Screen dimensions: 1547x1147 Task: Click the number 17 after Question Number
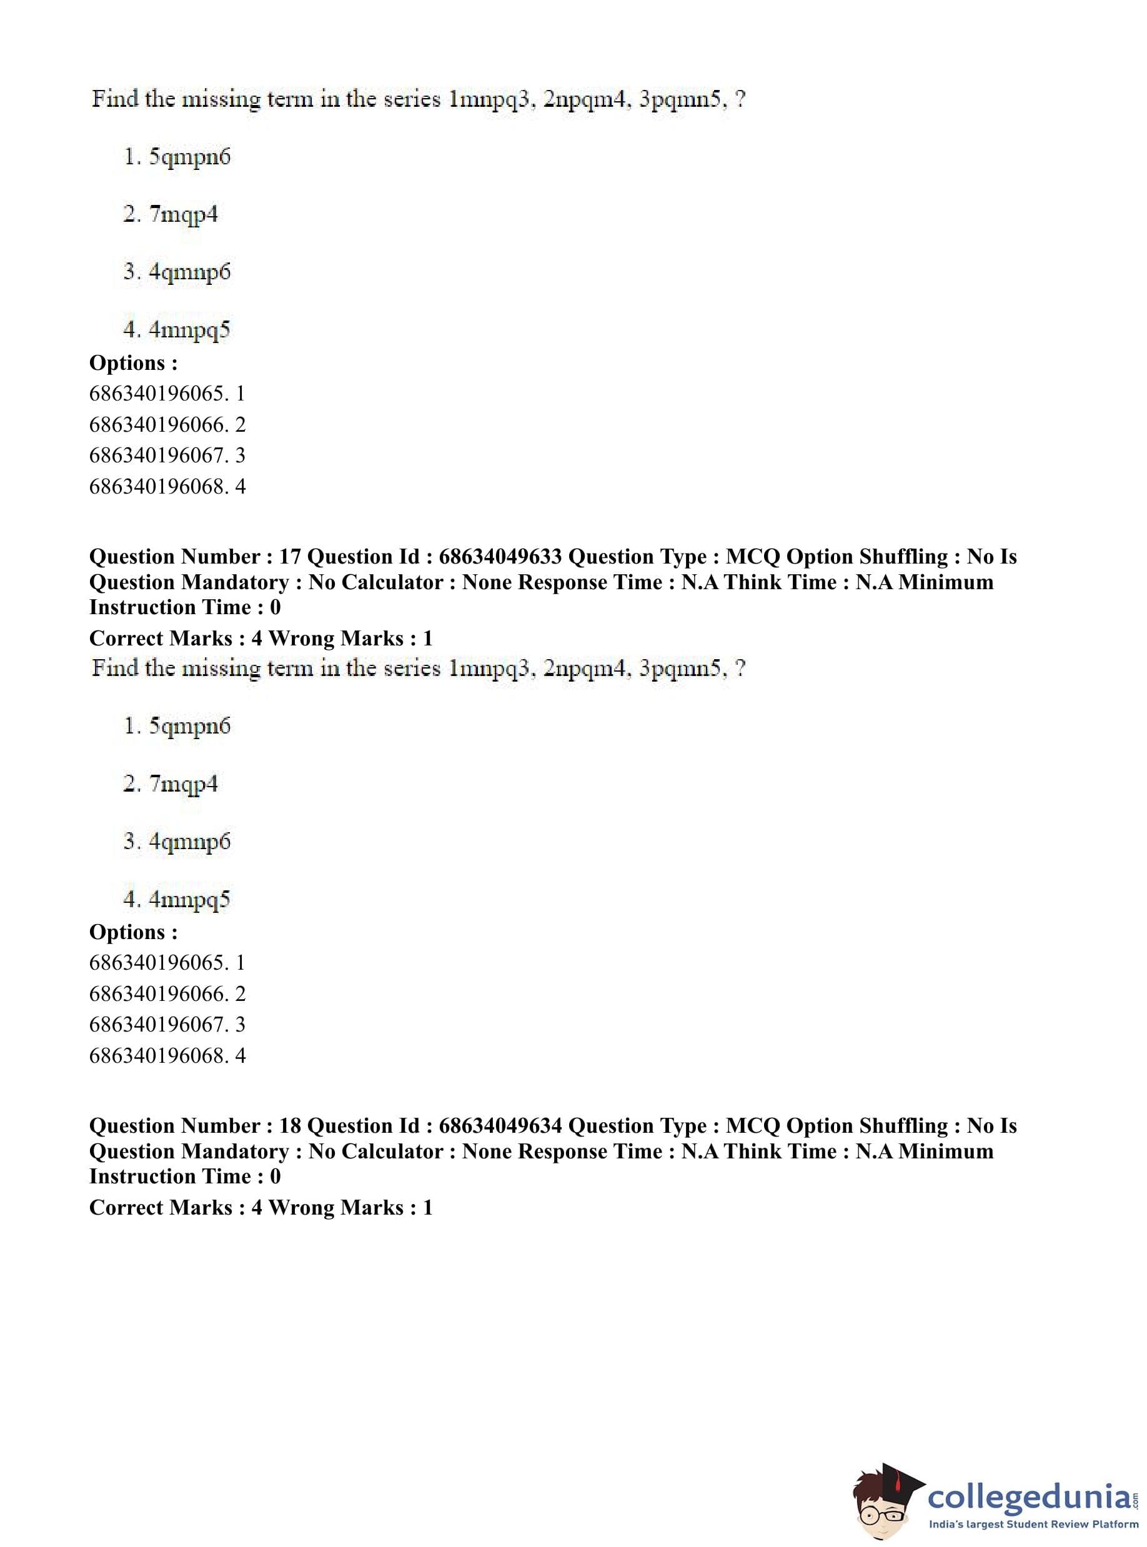(x=290, y=557)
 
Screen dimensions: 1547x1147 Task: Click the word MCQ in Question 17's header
(x=753, y=557)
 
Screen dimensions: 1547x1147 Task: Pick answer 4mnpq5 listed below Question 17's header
(x=189, y=900)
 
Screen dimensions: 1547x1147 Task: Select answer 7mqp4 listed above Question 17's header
(x=183, y=214)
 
